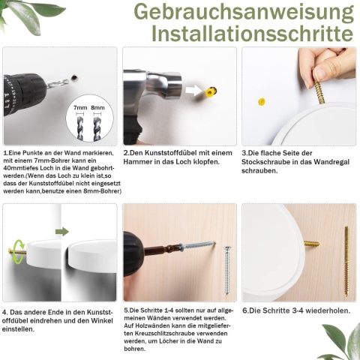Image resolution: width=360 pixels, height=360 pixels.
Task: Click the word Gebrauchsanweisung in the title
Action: tap(244, 12)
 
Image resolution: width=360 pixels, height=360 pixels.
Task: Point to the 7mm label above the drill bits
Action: tap(80, 108)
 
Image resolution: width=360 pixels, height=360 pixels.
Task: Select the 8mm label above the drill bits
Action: tap(97, 108)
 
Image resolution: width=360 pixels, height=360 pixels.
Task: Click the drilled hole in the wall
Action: tap(74, 78)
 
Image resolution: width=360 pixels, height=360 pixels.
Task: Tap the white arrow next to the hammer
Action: tap(193, 90)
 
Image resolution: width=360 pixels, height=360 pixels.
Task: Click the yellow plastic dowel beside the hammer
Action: tap(211, 91)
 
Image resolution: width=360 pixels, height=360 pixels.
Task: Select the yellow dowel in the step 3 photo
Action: tap(261, 102)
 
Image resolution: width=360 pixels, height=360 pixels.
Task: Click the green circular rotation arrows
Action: tap(19, 251)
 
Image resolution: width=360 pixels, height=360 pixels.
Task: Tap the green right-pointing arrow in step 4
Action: tap(62, 232)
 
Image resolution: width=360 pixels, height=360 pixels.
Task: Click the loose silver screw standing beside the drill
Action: tap(227, 270)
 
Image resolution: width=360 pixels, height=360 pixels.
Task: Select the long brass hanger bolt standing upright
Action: tap(346, 262)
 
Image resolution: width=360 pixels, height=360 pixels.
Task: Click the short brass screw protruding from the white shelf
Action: tap(311, 243)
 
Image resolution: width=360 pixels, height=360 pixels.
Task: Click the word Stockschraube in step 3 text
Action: tap(266, 162)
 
